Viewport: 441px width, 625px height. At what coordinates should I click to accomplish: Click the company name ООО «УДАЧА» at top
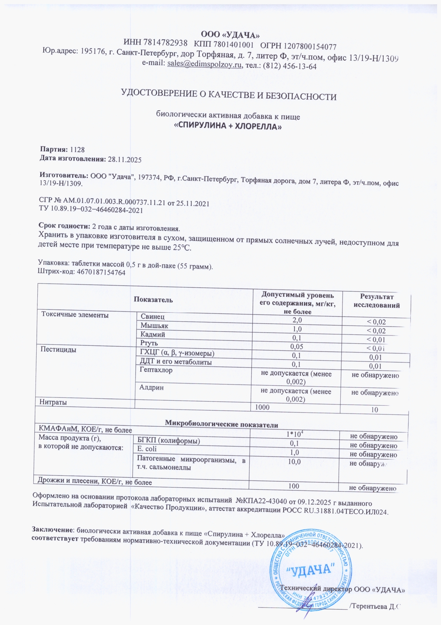coord(230,35)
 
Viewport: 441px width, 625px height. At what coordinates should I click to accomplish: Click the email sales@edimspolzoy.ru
coord(205,64)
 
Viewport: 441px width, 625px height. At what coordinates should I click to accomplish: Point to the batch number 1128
coord(77,150)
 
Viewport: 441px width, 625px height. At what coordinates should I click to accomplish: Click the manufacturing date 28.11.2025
coord(124,160)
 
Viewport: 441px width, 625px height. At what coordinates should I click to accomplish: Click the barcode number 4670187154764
coord(101,272)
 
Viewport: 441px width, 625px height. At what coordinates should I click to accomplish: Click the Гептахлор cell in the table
coord(156,370)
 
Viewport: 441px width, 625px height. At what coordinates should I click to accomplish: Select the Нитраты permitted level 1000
coord(262,407)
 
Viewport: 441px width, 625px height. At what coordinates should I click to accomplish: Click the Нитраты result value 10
coord(374,410)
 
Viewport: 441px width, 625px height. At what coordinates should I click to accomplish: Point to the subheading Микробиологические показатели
coord(221,425)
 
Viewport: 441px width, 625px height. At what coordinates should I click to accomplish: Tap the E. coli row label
coord(147,449)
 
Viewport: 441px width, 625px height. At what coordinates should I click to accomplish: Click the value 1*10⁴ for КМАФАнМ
coord(295,434)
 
